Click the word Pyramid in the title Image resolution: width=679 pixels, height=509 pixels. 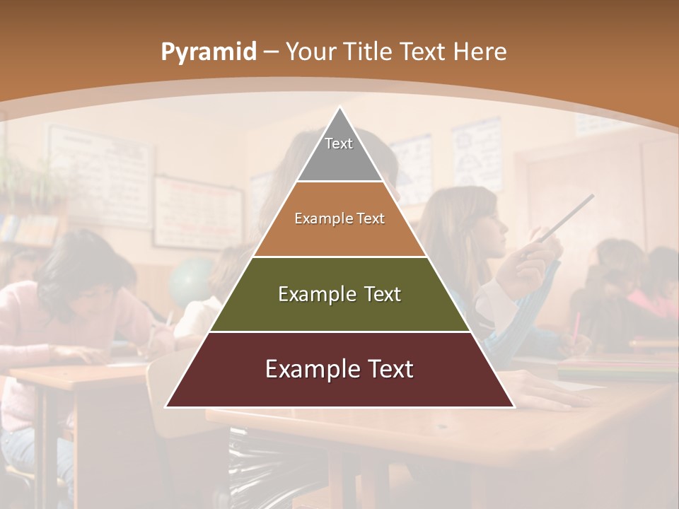coord(208,52)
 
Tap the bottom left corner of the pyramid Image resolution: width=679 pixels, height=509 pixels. coord(167,406)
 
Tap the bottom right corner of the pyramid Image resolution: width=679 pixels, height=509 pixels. coord(513,406)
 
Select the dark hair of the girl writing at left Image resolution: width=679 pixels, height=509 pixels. coord(78,262)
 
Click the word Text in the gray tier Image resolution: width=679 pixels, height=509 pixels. coord(339,144)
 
